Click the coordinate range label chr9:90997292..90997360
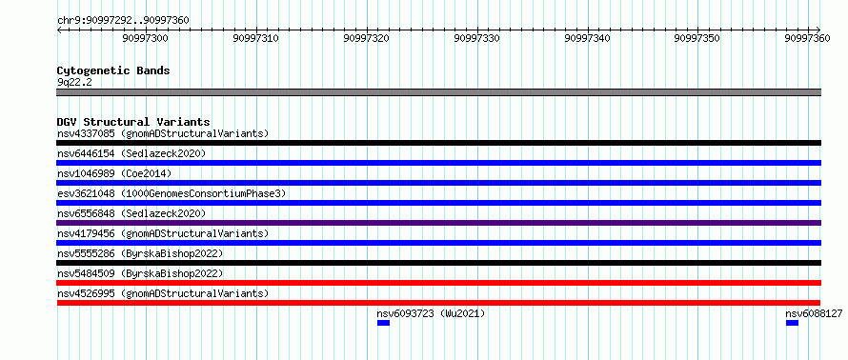tap(123, 21)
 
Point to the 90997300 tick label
tap(146, 38)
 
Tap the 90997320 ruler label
tap(366, 38)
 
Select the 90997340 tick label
tap(587, 38)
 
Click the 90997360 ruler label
tap(807, 38)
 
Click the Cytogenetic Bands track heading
tap(113, 70)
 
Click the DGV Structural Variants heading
tap(133, 122)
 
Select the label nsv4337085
tap(86, 133)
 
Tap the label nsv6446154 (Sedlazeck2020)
tap(131, 153)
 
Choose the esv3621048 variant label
tap(86, 193)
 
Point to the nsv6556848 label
tap(86, 213)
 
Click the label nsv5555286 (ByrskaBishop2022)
tap(140, 253)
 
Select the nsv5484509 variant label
tap(86, 273)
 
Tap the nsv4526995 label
tap(86, 293)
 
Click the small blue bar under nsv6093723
tap(383, 323)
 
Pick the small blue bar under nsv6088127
tap(793, 323)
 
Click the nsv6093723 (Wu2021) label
tap(431, 313)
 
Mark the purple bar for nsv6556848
tap(439, 223)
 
